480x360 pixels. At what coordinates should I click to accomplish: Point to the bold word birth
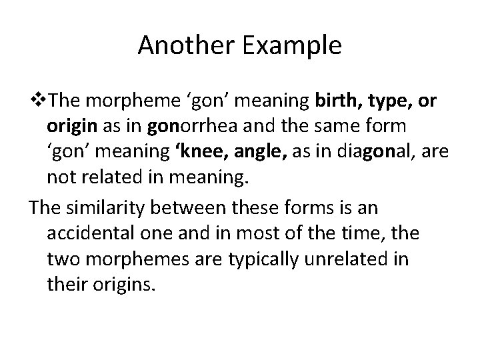coord(333,100)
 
